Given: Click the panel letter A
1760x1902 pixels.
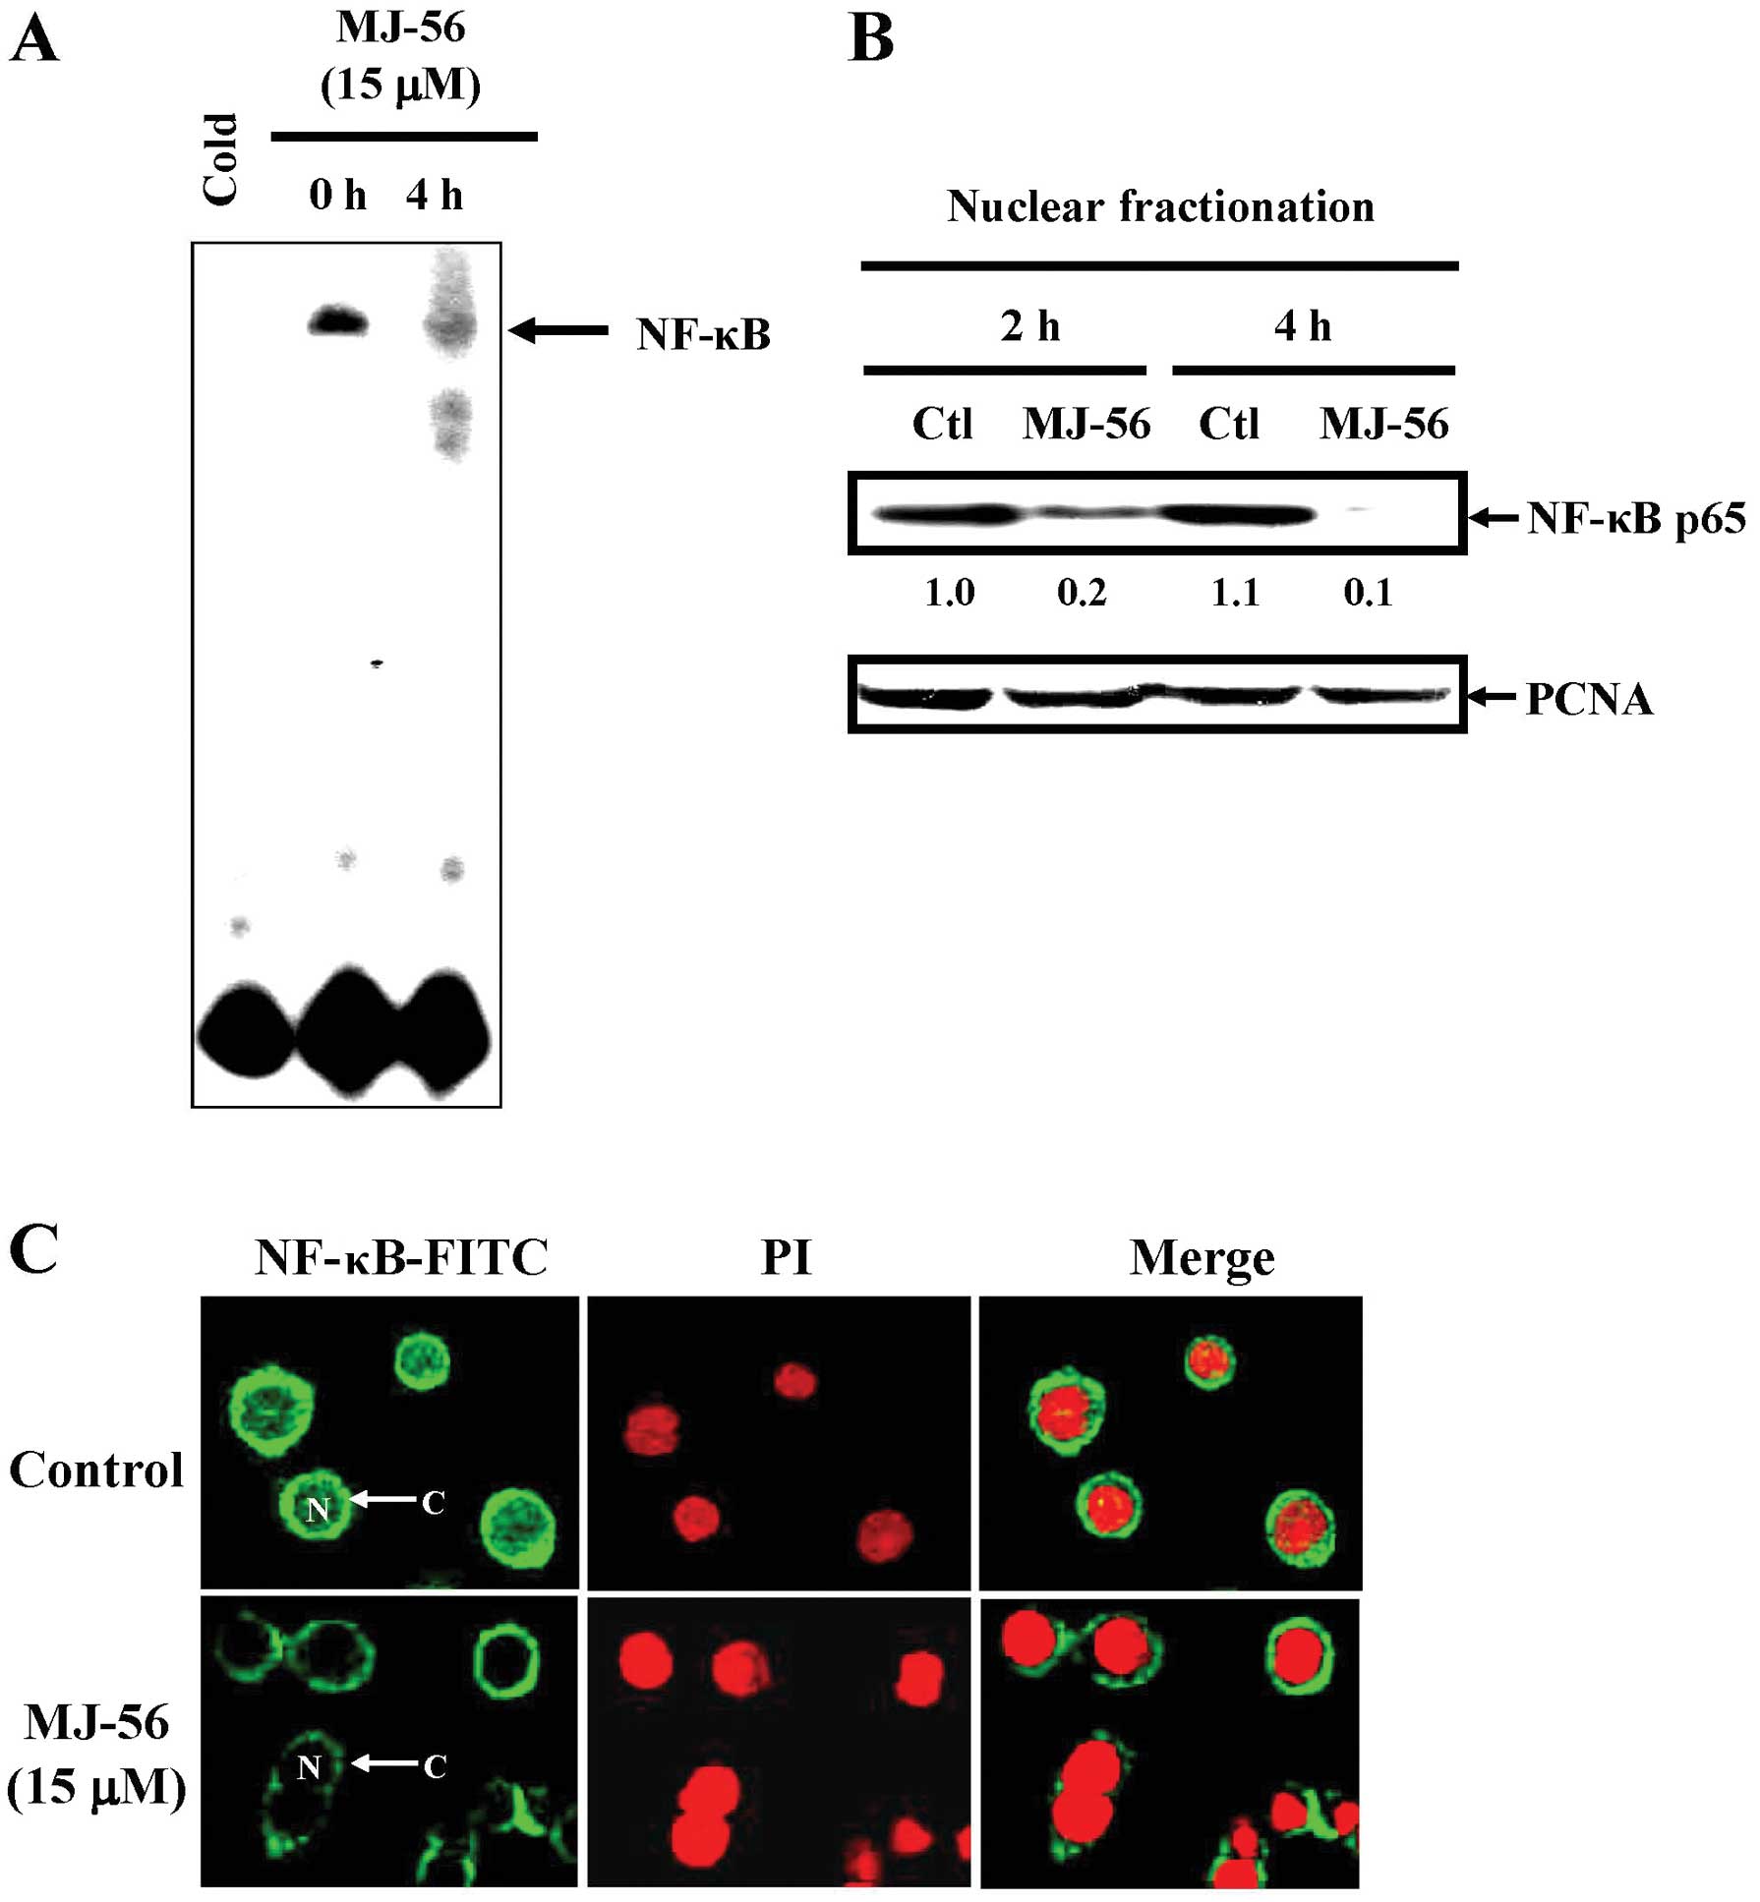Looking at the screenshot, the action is pyautogui.click(x=33, y=41).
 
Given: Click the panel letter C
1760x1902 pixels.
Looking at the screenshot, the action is pyautogui.click(x=33, y=1250).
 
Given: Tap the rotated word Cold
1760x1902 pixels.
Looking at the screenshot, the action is pyautogui.click(x=220, y=160).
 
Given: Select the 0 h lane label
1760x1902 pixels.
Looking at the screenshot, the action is pyautogui.click(x=337, y=195).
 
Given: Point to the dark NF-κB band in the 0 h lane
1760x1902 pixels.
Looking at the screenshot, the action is pyautogui.click(x=337, y=321).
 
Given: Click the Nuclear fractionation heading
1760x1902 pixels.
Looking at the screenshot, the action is pyautogui.click(x=1160, y=206).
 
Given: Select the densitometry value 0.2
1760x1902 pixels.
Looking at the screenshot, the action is pyautogui.click(x=1082, y=593).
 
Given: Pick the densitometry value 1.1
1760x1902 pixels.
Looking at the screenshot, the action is pyautogui.click(x=1235, y=593).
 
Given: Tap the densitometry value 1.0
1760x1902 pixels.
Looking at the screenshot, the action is pyautogui.click(x=949, y=593).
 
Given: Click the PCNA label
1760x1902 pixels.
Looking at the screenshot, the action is pyautogui.click(x=1589, y=700).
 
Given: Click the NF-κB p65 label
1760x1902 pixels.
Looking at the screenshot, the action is pyautogui.click(x=1636, y=518).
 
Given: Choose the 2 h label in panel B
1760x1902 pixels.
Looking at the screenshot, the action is pyautogui.click(x=1029, y=326).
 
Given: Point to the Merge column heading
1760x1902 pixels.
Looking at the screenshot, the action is pyautogui.click(x=1202, y=1257).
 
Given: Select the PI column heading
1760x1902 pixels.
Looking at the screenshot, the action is pyautogui.click(x=786, y=1257).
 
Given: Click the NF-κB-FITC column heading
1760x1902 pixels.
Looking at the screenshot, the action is pyautogui.click(x=401, y=1257).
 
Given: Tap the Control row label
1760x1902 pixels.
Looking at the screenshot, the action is pyautogui.click(x=96, y=1470).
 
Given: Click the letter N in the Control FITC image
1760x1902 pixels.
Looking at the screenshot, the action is pyautogui.click(x=317, y=1510).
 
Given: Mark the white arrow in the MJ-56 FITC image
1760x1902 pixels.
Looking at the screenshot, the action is pyautogui.click(x=383, y=1762).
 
